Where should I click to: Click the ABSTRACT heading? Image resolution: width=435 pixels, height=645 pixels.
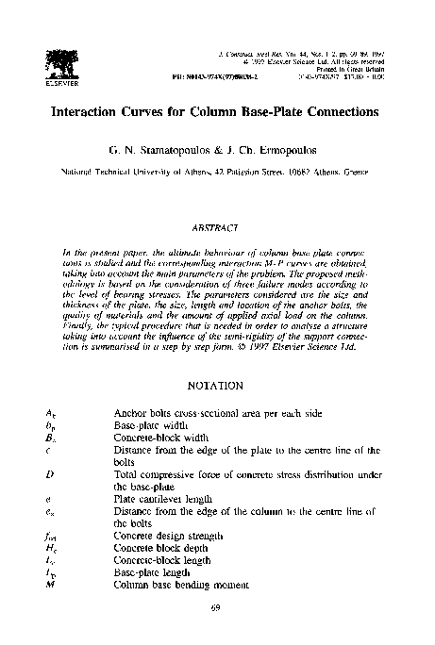(x=218, y=227)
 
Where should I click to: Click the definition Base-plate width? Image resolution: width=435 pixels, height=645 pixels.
(x=147, y=426)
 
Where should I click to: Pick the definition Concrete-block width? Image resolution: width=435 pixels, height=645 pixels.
(x=157, y=438)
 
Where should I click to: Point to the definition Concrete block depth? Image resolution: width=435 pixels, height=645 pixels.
(x=155, y=548)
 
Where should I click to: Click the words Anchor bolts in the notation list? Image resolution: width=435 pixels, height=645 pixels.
(x=139, y=414)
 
